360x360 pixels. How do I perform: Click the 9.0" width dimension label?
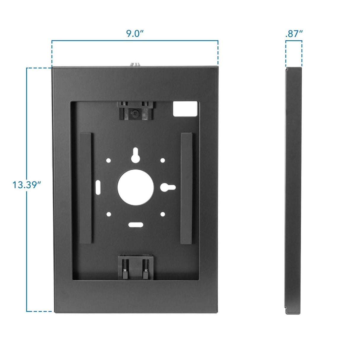(x=135, y=33)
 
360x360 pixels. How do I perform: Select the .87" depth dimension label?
(x=294, y=34)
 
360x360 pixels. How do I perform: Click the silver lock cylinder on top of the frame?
(x=135, y=64)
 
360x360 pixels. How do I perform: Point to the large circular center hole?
(x=136, y=187)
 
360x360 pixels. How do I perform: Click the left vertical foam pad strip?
(x=87, y=188)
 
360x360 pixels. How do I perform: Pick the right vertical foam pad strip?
(x=187, y=188)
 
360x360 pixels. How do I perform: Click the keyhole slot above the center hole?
(x=136, y=154)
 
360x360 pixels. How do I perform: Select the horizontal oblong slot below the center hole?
(x=136, y=224)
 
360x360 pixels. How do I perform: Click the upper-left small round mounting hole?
(x=109, y=160)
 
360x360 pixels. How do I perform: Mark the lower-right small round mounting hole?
(x=163, y=214)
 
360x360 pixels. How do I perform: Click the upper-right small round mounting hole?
(x=163, y=160)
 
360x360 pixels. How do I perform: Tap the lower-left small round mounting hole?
(x=109, y=214)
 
